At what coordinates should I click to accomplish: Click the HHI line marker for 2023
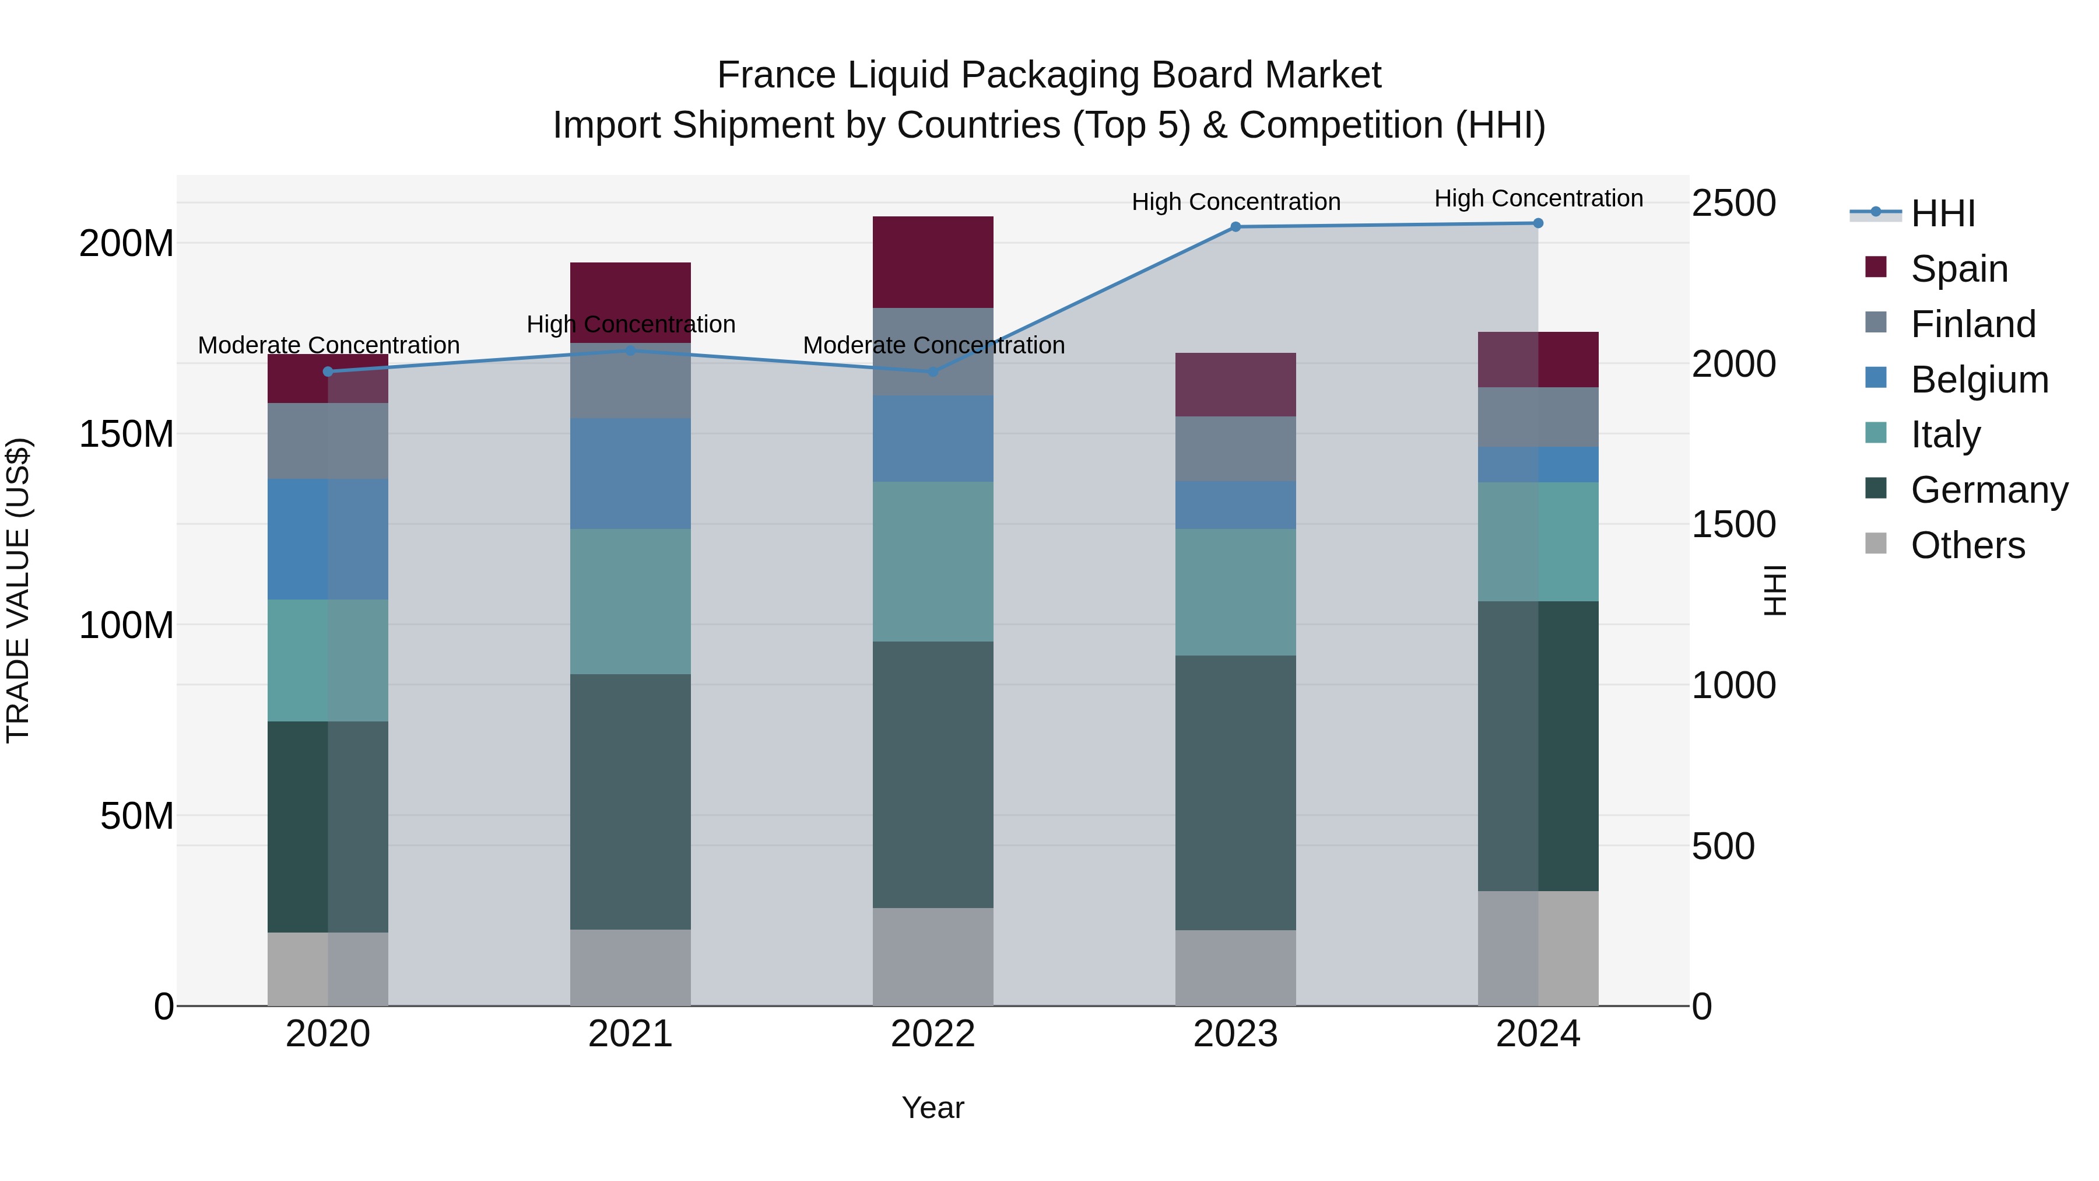pos(1235,227)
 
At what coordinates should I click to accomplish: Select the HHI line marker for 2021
pos(630,351)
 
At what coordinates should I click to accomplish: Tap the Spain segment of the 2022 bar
pos(933,262)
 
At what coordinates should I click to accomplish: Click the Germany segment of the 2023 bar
pos(1235,792)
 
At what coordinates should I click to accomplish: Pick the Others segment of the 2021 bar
pos(630,968)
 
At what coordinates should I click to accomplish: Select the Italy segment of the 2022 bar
pos(933,562)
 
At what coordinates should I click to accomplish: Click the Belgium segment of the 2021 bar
pos(630,474)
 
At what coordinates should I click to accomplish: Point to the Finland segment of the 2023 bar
pos(1235,449)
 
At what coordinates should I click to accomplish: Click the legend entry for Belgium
pos(1978,380)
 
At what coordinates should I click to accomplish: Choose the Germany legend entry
pos(1988,490)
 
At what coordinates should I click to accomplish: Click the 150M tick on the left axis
pos(127,433)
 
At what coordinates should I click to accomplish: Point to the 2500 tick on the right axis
pos(1733,203)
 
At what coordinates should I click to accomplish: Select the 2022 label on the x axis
pos(933,1034)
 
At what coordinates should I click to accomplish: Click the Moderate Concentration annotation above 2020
pos(328,346)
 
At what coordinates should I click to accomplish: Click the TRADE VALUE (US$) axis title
pos(18,590)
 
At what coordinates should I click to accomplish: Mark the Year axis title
pos(933,1108)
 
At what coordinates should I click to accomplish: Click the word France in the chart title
pos(775,75)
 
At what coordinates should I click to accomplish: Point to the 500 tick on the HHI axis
pos(1722,846)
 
